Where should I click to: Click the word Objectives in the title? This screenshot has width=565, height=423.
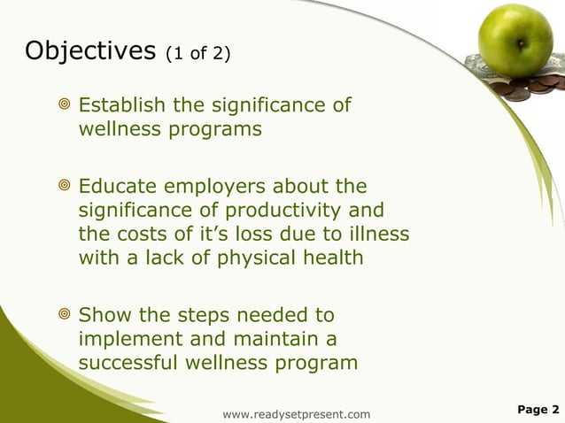(x=90, y=51)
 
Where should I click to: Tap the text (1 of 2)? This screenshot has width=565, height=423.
(x=197, y=55)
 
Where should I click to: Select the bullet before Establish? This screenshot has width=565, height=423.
(x=63, y=107)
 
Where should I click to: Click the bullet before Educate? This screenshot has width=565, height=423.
(x=63, y=188)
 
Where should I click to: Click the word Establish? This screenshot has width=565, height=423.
(x=123, y=106)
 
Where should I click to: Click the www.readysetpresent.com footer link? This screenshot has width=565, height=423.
(x=297, y=413)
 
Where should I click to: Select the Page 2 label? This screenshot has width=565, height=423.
(x=538, y=409)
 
